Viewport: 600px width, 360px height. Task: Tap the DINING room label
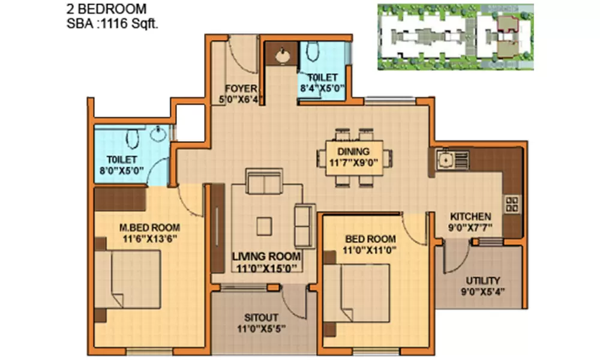coord(353,152)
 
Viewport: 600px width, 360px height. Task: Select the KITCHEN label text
coord(471,217)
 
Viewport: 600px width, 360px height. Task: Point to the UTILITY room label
coord(483,281)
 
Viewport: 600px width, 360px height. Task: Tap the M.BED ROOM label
coord(150,227)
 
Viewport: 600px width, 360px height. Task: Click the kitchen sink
coord(446,160)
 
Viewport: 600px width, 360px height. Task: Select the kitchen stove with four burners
coord(512,204)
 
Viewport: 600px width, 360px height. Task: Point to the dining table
coord(354,157)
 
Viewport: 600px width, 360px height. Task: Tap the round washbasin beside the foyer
coord(282,56)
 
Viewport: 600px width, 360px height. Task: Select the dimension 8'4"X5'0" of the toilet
coord(323,88)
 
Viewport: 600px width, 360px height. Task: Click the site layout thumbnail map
coord(455,36)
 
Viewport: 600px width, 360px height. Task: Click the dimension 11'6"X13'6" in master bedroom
coord(149,238)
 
